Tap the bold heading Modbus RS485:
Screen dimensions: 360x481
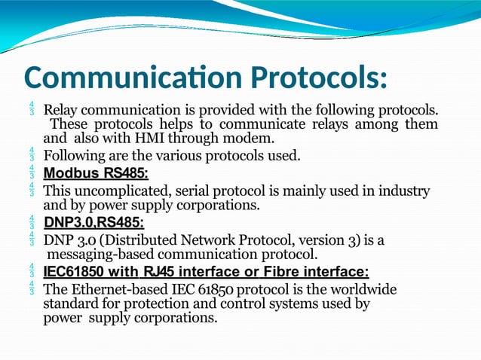click(x=96, y=174)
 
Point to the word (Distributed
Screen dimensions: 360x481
click(x=139, y=240)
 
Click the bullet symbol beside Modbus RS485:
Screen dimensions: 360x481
click(x=32, y=174)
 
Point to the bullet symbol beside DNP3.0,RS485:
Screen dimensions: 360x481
click(x=32, y=223)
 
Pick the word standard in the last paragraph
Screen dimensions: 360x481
click(x=70, y=304)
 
